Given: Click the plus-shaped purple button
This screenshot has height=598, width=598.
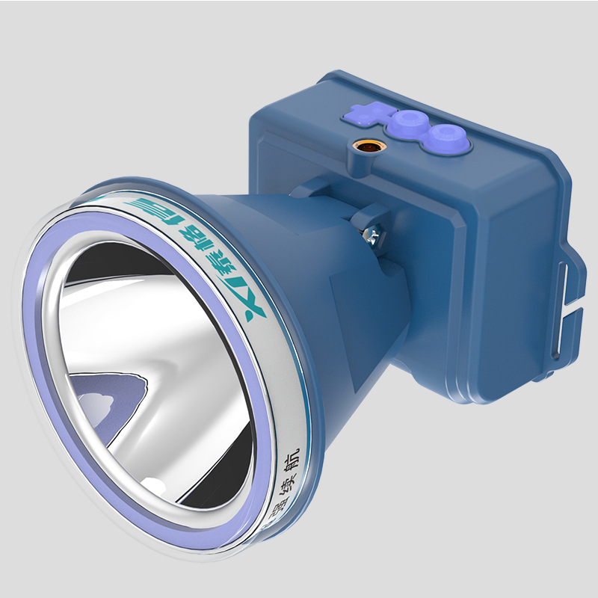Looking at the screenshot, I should pyautogui.click(x=362, y=115).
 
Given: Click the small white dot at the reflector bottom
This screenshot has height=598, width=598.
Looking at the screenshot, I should pyautogui.click(x=153, y=487).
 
